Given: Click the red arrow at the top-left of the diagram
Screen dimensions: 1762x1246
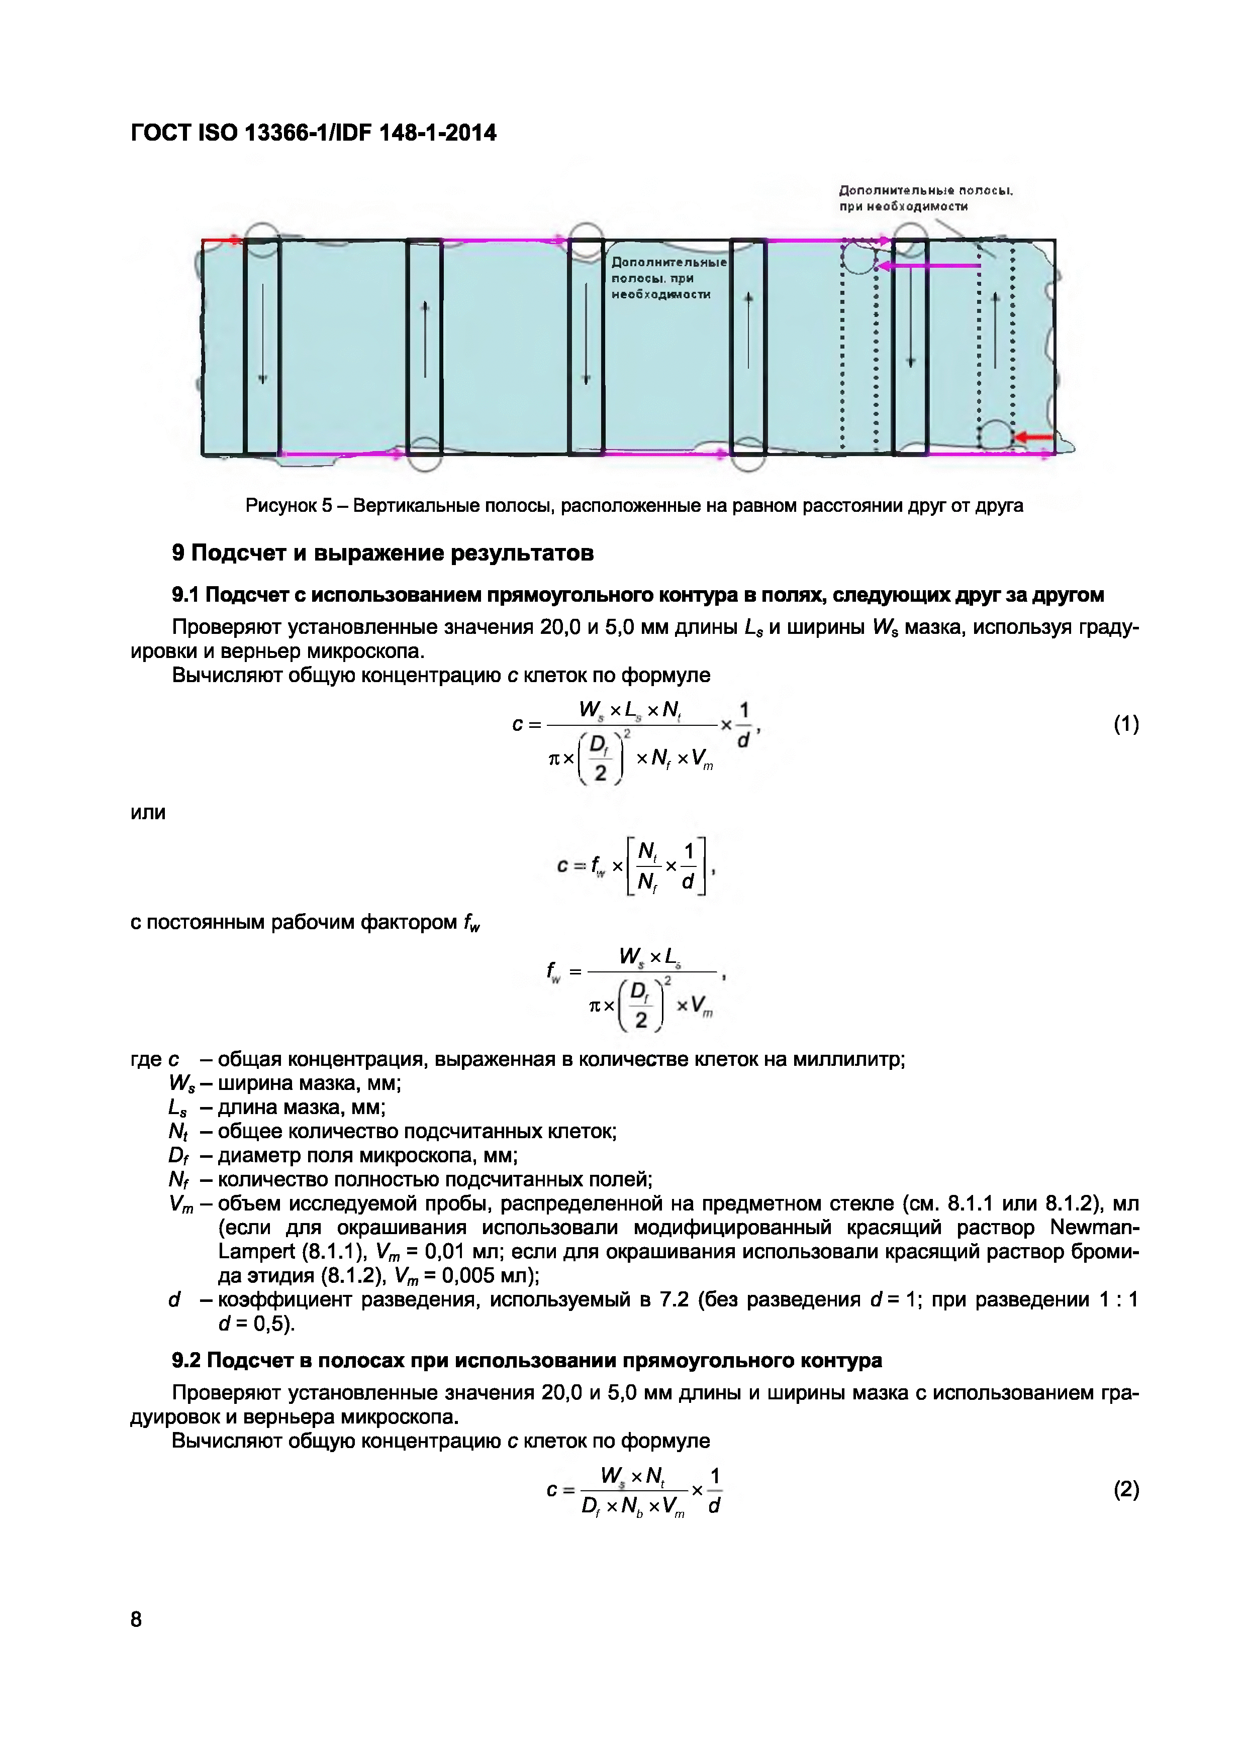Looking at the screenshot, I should pyautogui.click(x=223, y=241).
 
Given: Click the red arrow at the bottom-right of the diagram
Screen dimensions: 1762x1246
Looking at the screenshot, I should pyautogui.click(x=1034, y=437).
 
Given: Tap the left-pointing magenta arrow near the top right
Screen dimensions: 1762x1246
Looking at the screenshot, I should pyautogui.click(x=929, y=266).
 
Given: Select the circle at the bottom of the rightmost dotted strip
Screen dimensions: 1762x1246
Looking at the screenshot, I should pyautogui.click(x=997, y=435).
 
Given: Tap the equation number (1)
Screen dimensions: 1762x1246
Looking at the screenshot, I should pyautogui.click(x=1125, y=724).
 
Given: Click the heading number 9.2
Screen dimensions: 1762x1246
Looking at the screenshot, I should pyautogui.click(x=186, y=1361).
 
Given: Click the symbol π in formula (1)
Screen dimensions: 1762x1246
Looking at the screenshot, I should pyautogui.click(x=555, y=758).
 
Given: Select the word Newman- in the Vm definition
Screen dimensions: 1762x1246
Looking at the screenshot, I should pyautogui.click(x=1094, y=1227).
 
